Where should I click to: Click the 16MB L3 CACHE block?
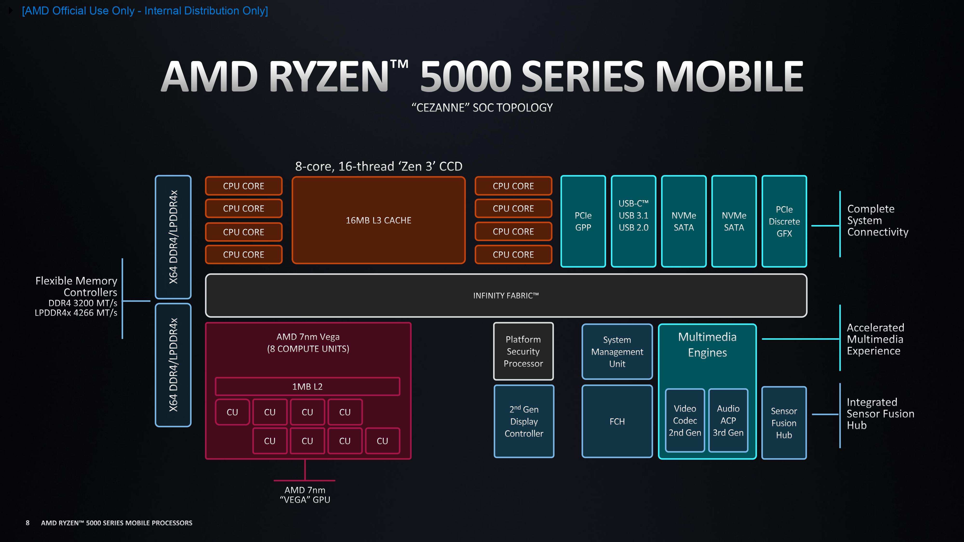click(x=378, y=220)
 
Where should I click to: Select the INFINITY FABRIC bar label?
click(x=506, y=296)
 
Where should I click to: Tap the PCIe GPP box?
click(x=583, y=221)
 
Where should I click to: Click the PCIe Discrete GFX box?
click(x=784, y=221)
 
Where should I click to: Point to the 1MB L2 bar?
click(x=307, y=386)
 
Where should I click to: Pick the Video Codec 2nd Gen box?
click(x=685, y=420)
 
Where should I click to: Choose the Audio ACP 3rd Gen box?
click(x=728, y=420)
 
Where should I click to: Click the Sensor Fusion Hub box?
click(x=784, y=423)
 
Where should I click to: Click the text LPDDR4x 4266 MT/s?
click(x=76, y=313)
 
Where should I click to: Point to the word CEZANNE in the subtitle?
click(x=441, y=108)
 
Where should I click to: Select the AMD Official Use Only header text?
click(x=145, y=11)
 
